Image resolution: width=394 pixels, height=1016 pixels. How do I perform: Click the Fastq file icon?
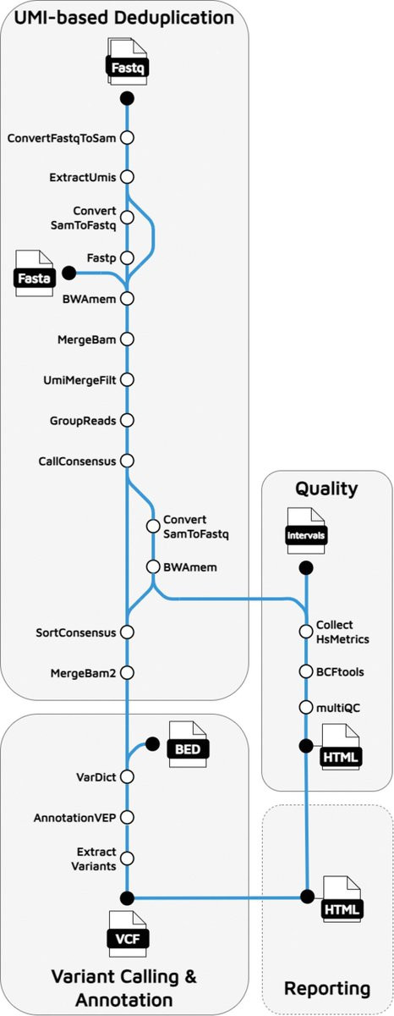click(x=128, y=62)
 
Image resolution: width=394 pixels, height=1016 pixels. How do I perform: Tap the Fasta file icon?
click(x=35, y=273)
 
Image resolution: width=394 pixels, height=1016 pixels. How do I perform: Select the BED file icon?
click(x=187, y=744)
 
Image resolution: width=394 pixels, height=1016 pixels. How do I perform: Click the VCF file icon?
click(x=129, y=934)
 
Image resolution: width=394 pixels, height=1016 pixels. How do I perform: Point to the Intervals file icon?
click(x=306, y=530)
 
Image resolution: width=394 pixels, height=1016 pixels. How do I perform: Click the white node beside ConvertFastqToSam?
click(x=128, y=138)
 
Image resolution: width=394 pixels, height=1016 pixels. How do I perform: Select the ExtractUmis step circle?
click(x=128, y=177)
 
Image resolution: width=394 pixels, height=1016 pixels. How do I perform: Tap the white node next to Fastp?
click(x=128, y=258)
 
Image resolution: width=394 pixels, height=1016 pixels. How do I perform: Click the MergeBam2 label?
click(x=83, y=673)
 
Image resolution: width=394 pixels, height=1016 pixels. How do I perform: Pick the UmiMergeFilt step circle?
click(x=128, y=379)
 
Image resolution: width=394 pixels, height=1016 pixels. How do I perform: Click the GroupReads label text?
click(x=83, y=421)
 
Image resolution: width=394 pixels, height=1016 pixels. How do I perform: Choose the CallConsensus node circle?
click(x=128, y=461)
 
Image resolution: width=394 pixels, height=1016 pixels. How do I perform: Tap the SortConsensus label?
click(x=75, y=632)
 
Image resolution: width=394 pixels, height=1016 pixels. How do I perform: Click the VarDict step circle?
click(x=128, y=776)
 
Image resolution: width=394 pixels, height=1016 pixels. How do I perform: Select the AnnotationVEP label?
click(x=74, y=818)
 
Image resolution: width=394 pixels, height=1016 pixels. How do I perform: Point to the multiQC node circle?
click(x=306, y=707)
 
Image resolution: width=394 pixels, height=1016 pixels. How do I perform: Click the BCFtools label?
click(x=340, y=671)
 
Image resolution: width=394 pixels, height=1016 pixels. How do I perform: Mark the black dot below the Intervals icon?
click(x=307, y=567)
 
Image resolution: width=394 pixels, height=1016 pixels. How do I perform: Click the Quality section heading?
click(x=326, y=489)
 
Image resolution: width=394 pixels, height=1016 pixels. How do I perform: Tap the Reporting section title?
click(x=327, y=988)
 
